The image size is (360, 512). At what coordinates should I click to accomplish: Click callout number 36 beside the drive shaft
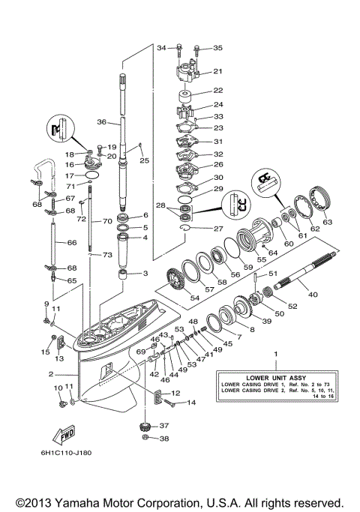tap(101, 122)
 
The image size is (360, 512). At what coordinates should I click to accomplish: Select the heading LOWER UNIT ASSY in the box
tap(274, 376)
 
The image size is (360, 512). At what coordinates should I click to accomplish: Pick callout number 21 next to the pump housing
tap(218, 72)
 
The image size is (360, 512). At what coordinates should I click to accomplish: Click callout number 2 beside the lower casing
tap(50, 374)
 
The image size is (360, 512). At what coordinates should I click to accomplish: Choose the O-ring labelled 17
tap(91, 175)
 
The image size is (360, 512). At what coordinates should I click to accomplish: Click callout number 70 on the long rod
tap(107, 222)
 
